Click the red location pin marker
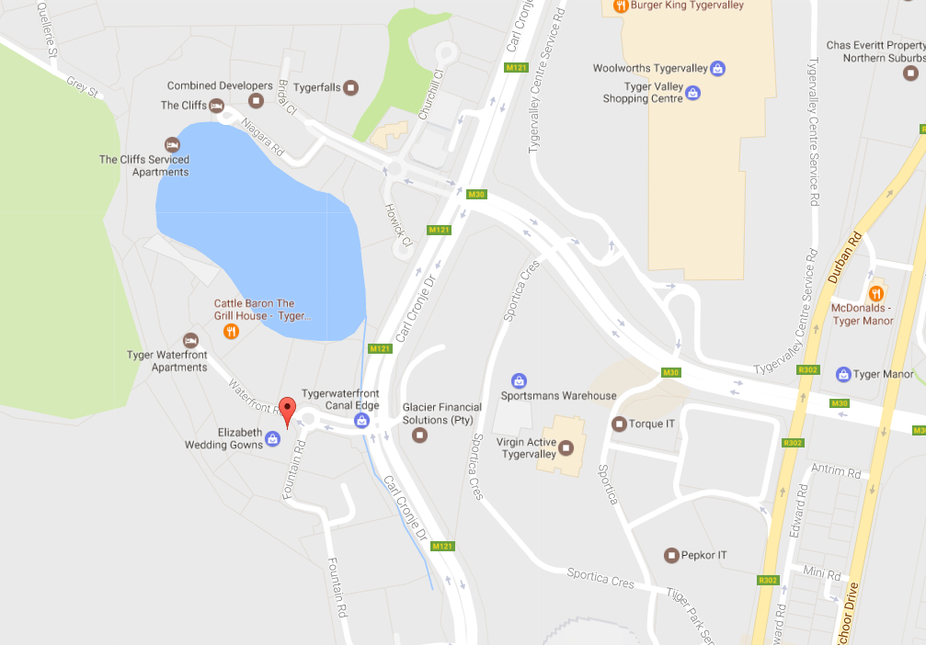(287, 412)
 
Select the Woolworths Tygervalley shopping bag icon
(717, 68)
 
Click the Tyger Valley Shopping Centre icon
(692, 93)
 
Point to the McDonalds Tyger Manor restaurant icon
(876, 294)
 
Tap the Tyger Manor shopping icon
(842, 374)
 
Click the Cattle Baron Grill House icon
(231, 332)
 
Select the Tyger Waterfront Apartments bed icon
(190, 341)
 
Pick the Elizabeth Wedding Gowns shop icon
(272, 439)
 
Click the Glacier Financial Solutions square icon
(419, 435)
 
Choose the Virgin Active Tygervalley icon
(566, 447)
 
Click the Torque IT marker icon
(619, 424)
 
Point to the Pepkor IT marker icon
(670, 555)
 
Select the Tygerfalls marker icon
(351, 88)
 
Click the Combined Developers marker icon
(256, 100)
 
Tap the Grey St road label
(81, 86)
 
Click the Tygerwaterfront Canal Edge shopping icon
(361, 421)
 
